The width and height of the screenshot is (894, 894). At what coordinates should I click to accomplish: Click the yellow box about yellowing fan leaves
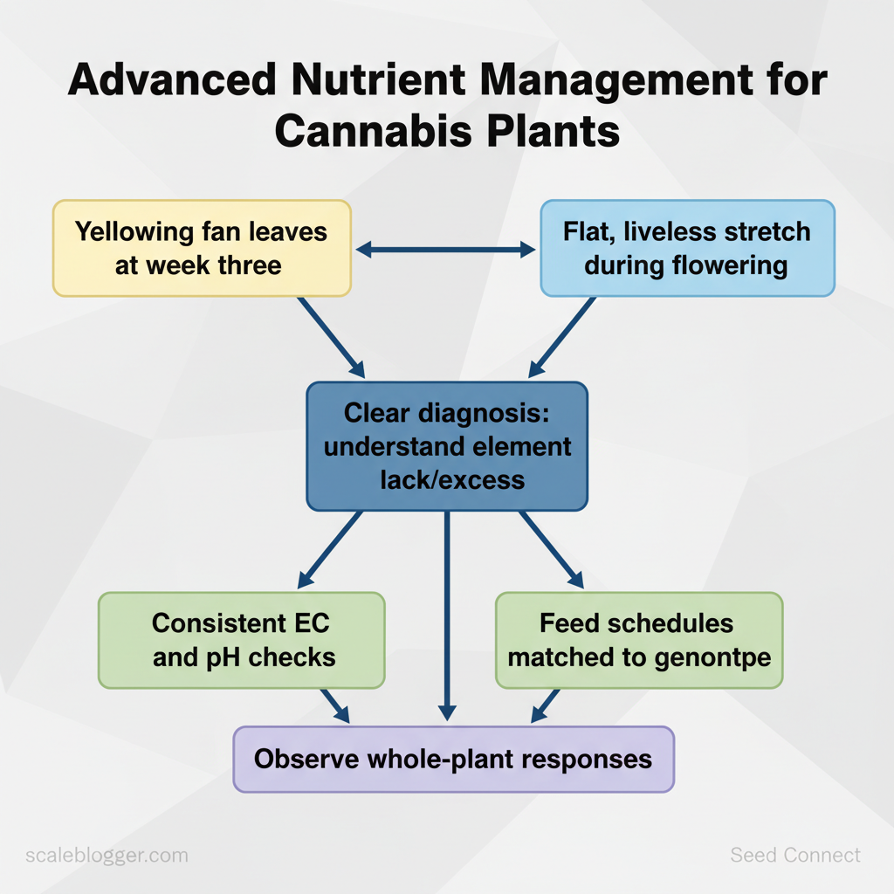(x=202, y=248)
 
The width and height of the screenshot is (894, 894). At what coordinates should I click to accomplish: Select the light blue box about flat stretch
(x=686, y=248)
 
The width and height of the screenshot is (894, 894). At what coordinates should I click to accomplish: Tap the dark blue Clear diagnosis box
(x=446, y=445)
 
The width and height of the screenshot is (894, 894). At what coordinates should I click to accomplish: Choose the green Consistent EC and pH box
(x=241, y=639)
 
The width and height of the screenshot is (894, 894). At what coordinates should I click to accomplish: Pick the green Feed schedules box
(x=638, y=639)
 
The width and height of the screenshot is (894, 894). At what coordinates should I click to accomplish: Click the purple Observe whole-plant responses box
(x=453, y=758)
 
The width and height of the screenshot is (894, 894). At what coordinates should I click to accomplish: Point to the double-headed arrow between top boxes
(x=446, y=251)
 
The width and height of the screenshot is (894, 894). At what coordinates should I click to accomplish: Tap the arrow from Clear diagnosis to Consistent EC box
(x=330, y=549)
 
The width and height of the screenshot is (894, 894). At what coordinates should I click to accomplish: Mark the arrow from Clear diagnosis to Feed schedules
(x=551, y=549)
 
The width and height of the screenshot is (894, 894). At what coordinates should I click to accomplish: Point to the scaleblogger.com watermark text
(x=107, y=855)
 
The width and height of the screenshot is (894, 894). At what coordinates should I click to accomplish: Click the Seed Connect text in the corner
(x=794, y=855)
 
